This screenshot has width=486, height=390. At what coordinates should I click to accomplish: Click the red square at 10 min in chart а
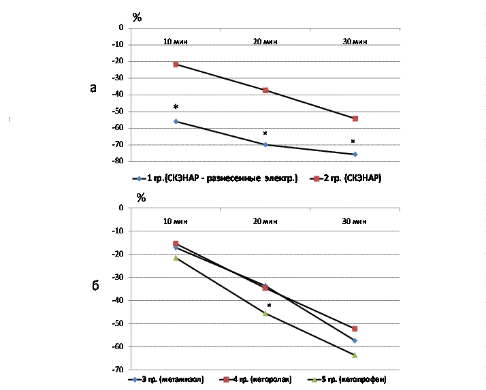[176, 65]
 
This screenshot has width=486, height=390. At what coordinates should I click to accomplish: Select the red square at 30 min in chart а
[355, 118]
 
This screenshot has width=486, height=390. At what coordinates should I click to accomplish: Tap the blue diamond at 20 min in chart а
[265, 144]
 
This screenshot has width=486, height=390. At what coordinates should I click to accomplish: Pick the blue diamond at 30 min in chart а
[355, 155]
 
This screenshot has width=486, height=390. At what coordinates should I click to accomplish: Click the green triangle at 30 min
[355, 355]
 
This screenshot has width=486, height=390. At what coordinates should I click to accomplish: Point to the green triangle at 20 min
[265, 313]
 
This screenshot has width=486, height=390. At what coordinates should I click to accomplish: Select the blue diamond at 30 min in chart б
[355, 340]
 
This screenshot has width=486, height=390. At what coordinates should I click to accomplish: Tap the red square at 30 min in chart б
[355, 329]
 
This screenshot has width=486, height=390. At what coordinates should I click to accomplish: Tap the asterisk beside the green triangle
[270, 306]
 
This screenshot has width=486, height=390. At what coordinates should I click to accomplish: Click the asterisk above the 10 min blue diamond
[176, 108]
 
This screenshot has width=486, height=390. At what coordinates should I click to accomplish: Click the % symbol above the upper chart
[137, 17]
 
